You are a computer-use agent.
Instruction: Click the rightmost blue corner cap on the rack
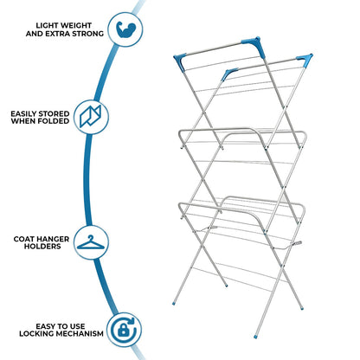coord(305,59)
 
